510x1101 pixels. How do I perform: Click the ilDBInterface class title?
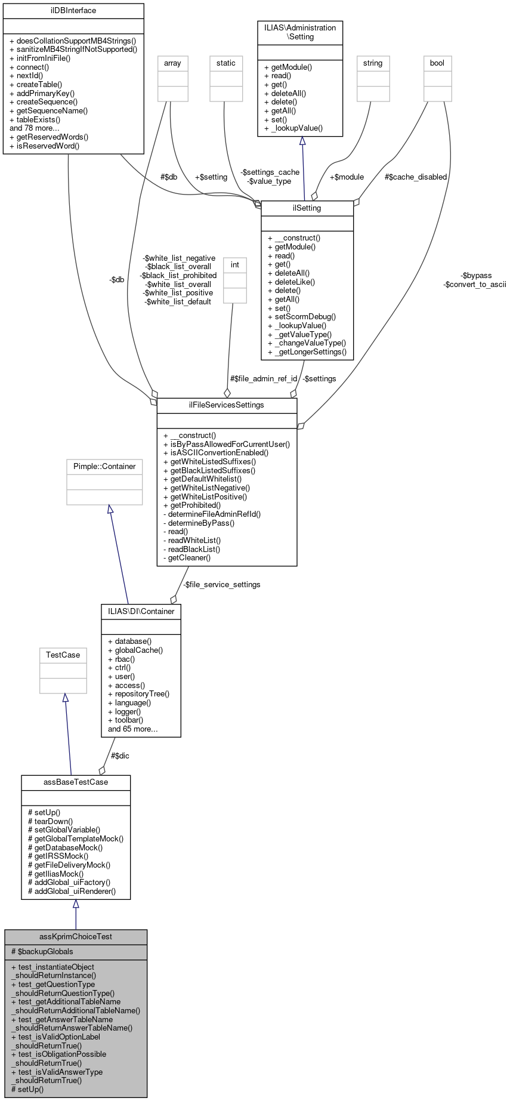point(73,10)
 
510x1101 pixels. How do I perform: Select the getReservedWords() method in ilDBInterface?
point(49,137)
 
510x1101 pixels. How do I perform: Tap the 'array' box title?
point(172,63)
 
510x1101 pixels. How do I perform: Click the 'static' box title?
point(226,63)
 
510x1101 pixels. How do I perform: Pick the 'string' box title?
point(373,63)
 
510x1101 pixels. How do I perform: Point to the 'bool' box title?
point(437,63)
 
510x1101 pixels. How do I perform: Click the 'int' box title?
point(235,265)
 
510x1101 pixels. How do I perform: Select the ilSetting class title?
point(307,208)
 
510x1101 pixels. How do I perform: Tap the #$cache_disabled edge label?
point(416,177)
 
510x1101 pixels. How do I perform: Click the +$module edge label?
point(347,177)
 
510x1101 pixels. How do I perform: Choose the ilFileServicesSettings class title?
point(227,405)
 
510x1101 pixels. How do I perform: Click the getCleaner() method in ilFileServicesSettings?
point(187,558)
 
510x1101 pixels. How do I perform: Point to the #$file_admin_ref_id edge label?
point(264,379)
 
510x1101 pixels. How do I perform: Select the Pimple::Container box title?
point(104,467)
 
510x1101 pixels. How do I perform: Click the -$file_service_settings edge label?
point(221,585)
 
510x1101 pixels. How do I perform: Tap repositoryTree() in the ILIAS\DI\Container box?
point(138,694)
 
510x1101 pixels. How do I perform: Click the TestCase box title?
point(63,655)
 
